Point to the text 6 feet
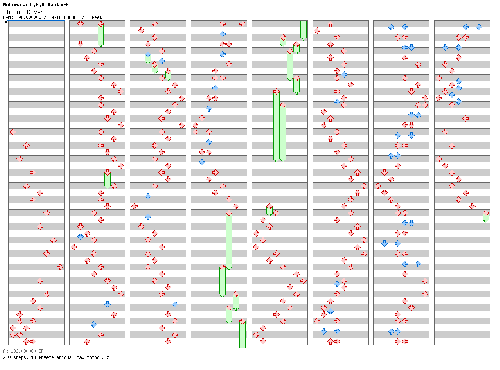pos(94,17)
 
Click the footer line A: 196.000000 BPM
pos(24,351)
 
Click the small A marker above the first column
pos(6,23)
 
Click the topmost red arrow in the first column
pos(13,132)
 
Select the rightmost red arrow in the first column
pos(60,267)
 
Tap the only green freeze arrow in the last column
pos(486,216)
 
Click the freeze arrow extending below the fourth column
pos(242,334)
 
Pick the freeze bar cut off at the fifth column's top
pos(303,30)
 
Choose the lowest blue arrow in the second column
pos(94,324)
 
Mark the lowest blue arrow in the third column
pos(175,304)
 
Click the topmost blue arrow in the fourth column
pos(222,34)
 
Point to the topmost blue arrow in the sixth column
pos(344,75)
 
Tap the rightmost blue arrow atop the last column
pos(479,27)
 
